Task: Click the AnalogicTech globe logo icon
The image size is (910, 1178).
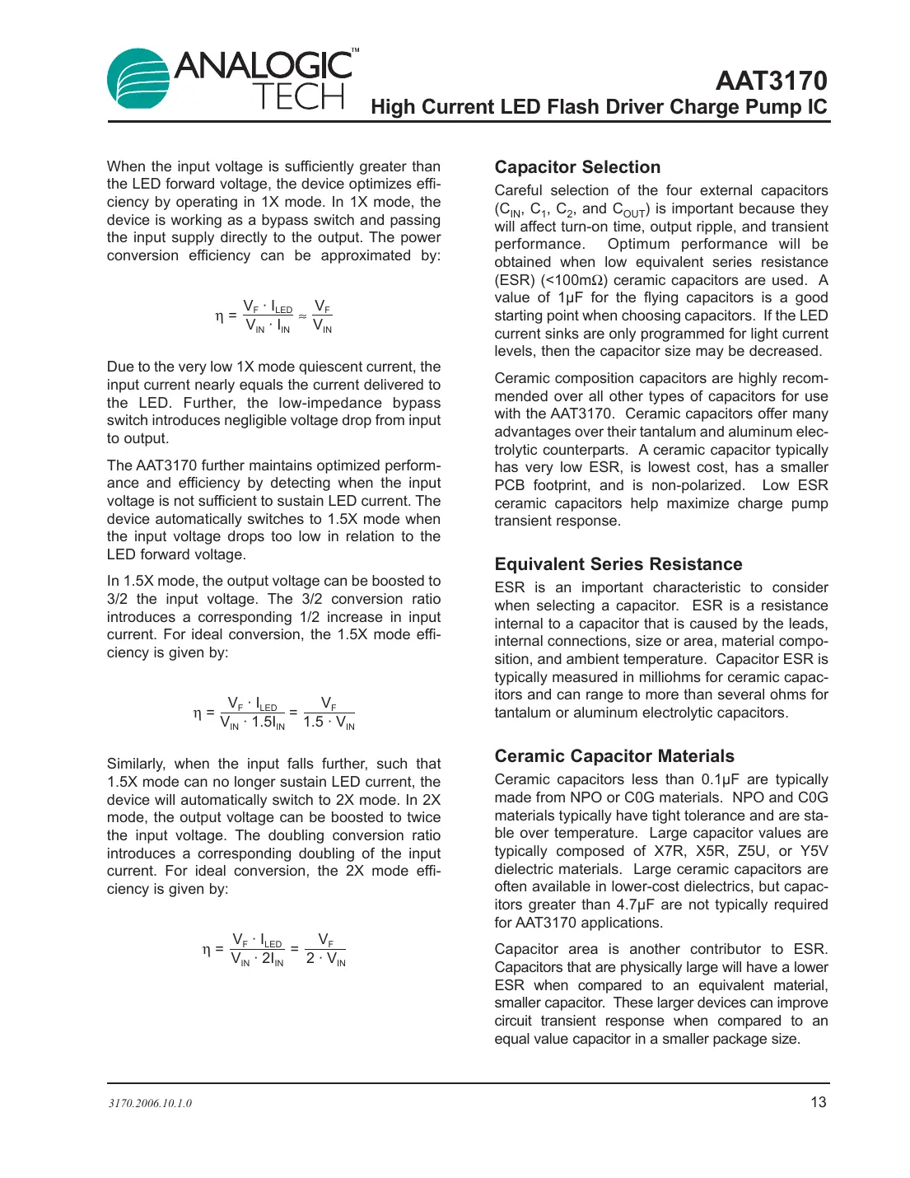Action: [138, 78]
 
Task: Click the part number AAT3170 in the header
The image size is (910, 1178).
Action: [771, 81]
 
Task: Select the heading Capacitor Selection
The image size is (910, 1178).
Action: [577, 167]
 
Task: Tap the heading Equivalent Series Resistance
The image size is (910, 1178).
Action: [618, 564]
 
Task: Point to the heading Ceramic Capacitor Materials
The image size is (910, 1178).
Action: [614, 756]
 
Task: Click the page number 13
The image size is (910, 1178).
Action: [818, 1102]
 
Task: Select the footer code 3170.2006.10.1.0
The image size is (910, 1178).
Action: [150, 1103]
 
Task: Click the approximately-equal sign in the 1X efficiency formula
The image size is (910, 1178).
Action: [302, 316]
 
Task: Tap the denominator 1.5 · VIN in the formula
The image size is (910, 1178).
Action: [329, 722]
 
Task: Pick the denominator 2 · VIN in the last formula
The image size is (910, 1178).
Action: [325, 959]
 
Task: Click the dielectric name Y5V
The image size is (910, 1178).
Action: [814, 851]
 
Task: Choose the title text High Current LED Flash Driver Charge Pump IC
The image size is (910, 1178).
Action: [599, 107]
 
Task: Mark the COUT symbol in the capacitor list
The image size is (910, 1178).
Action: [629, 210]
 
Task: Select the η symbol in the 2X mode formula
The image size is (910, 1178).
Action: [207, 949]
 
